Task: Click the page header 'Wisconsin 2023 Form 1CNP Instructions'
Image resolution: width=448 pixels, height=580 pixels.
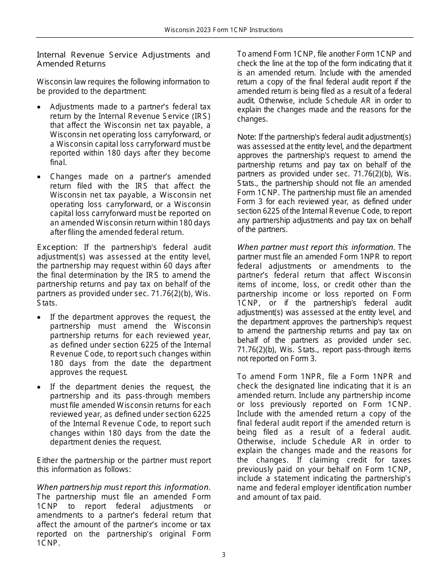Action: click(x=224, y=30)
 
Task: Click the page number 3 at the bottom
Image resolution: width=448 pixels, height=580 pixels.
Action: click(x=224, y=555)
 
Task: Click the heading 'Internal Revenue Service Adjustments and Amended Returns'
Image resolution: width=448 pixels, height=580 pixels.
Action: click(x=123, y=59)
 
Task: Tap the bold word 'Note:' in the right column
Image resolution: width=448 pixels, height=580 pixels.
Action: click(x=247, y=137)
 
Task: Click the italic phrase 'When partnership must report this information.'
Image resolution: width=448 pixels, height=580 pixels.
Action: click(x=124, y=488)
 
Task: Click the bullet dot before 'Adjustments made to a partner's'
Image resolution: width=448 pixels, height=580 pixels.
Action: click(x=39, y=108)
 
